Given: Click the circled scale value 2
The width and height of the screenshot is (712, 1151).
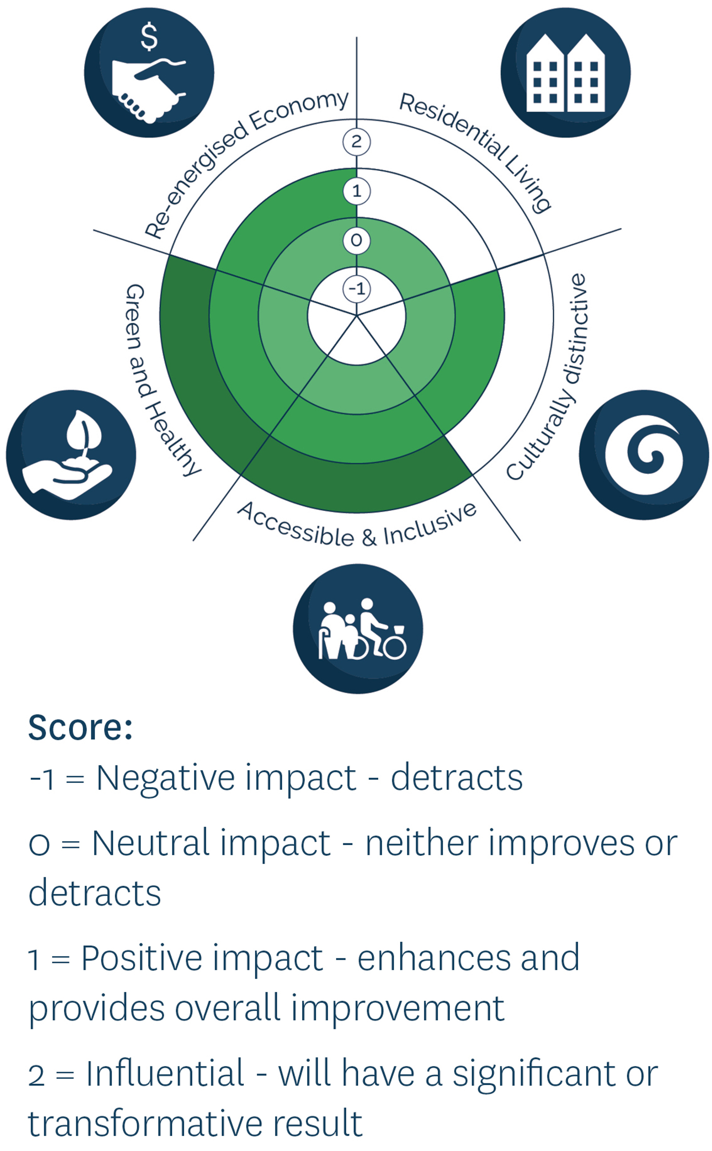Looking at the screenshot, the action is click(356, 142).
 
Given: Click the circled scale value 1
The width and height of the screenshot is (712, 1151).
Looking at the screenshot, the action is click(356, 191).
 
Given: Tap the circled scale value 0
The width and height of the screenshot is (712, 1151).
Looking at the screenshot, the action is click(356, 240).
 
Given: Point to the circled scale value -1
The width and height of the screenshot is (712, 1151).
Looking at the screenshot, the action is click(356, 289).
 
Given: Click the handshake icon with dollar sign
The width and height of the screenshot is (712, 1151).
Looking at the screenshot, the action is click(149, 73).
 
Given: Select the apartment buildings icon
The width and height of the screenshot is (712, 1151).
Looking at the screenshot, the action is click(566, 73).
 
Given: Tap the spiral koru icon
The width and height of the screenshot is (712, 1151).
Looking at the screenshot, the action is click(644, 455).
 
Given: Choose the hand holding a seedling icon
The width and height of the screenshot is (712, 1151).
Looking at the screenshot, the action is click(71, 455).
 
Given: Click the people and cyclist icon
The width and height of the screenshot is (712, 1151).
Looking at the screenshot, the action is click(358, 629).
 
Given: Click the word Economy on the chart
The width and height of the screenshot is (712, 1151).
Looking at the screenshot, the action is click(299, 110).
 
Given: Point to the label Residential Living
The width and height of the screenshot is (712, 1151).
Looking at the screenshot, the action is click(475, 152).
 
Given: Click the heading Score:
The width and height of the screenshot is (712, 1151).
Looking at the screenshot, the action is click(81, 728).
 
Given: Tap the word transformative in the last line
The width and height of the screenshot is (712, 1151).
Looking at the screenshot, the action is click(144, 1124).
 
